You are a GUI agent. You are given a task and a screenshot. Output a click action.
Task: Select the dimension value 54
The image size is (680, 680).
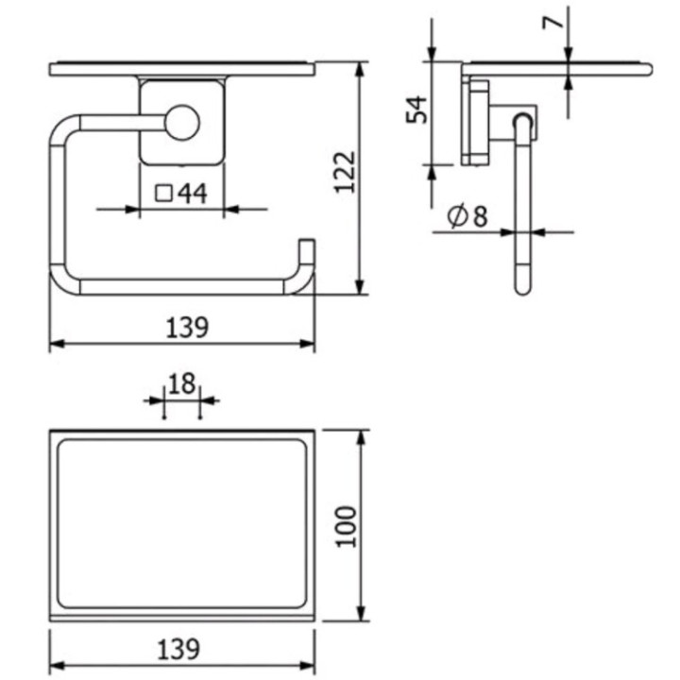[x=416, y=109]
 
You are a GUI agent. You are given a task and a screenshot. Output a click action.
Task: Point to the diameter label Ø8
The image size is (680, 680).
[x=467, y=217]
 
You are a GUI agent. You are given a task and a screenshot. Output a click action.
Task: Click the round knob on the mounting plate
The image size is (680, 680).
[x=180, y=124]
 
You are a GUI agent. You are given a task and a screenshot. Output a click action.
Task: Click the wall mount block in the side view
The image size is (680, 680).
[x=476, y=122]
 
